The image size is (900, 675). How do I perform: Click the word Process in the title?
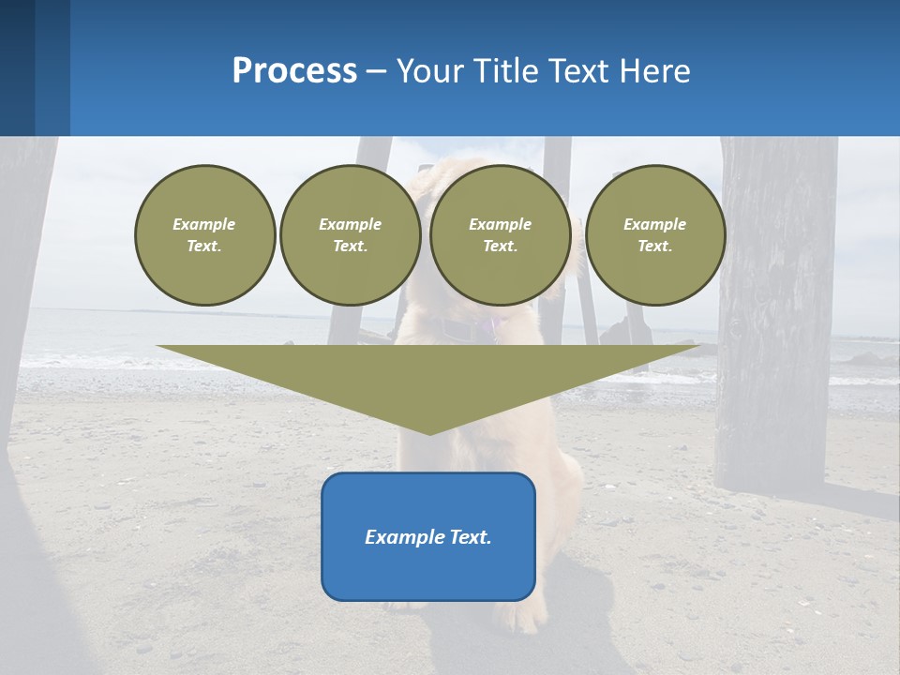pyautogui.click(x=294, y=71)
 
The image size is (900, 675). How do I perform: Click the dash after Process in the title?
pyautogui.click(x=376, y=73)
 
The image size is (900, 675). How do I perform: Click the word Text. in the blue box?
pyautogui.click(x=471, y=537)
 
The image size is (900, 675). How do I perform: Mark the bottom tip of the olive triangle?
pyautogui.click(x=429, y=432)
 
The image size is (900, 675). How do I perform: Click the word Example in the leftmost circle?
pyautogui.click(x=204, y=224)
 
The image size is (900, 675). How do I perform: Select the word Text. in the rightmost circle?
pyautogui.click(x=655, y=246)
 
